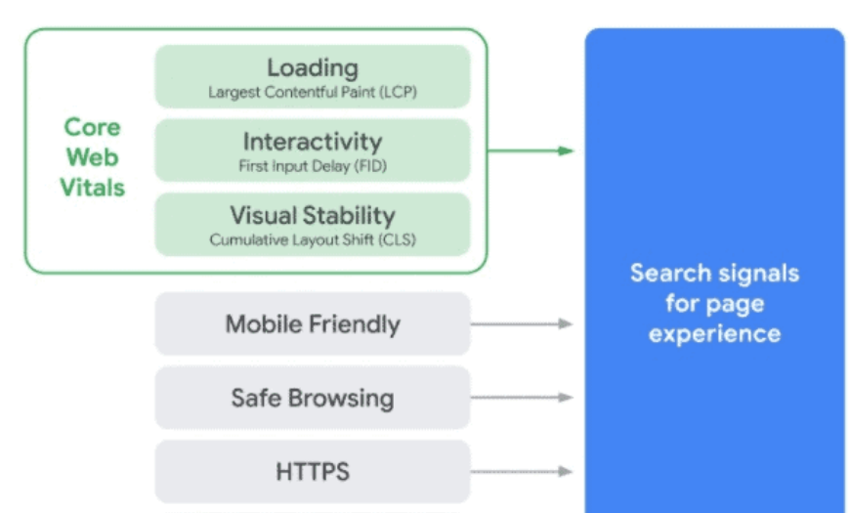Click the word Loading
click(x=313, y=67)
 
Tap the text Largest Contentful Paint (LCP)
click(x=313, y=93)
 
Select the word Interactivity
click(x=313, y=142)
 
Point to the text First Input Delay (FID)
click(x=313, y=166)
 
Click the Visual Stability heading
click(x=313, y=215)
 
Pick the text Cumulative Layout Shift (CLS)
click(x=313, y=239)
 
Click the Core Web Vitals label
click(x=93, y=157)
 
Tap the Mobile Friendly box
click(x=313, y=323)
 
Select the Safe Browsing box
click(x=313, y=398)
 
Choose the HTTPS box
click(x=313, y=472)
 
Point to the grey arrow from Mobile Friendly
click(x=523, y=323)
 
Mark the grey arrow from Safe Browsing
click(x=523, y=398)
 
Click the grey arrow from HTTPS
click(x=523, y=472)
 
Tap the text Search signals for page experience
click(x=714, y=303)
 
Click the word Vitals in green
click(x=93, y=188)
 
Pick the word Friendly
click(x=357, y=324)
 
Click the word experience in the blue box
click(x=714, y=333)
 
